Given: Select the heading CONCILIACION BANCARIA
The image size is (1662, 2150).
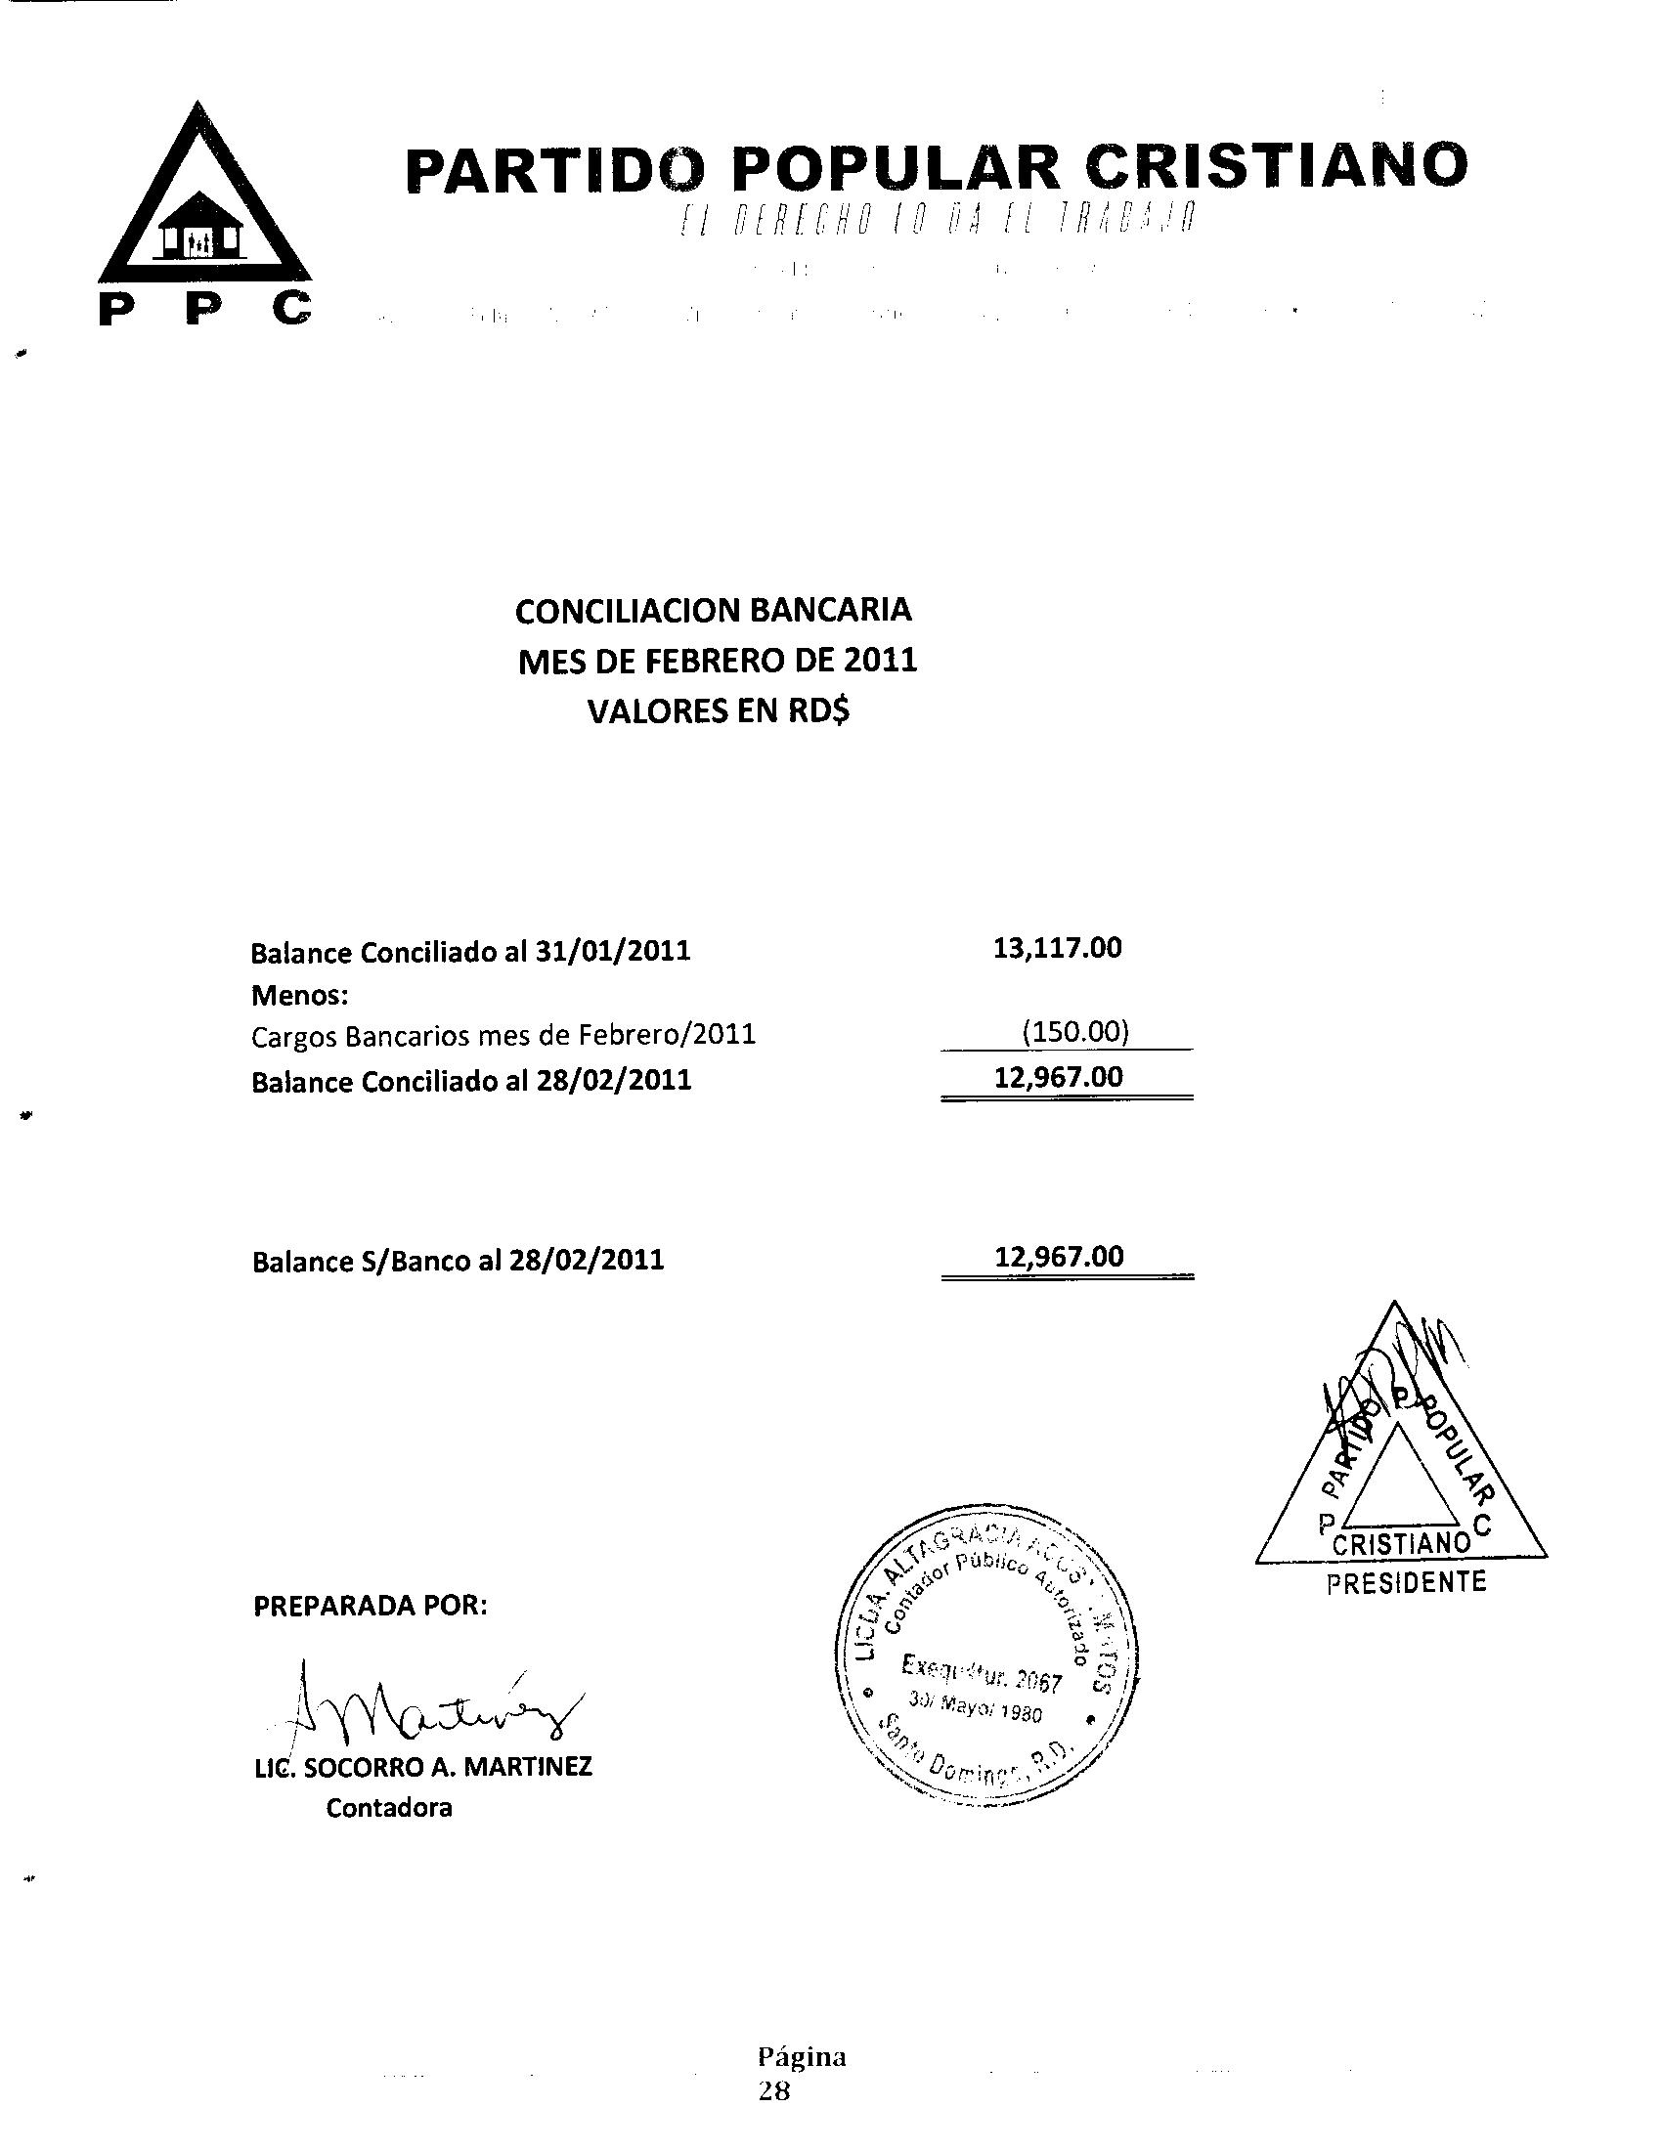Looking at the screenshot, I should coord(713,611).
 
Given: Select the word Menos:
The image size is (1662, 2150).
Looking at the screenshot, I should coord(299,995).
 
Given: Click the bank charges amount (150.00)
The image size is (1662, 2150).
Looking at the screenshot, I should coord(1074,1032).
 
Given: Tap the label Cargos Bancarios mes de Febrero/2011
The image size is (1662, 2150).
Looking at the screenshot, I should coord(503,1036).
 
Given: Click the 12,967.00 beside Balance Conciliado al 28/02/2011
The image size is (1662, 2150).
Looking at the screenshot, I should coord(1059,1076).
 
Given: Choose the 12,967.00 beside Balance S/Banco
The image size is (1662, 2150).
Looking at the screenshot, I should coord(1059,1256).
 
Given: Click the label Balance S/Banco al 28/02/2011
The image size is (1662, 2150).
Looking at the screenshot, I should coord(458,1260).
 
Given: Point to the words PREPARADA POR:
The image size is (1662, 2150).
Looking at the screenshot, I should coord(371,1605).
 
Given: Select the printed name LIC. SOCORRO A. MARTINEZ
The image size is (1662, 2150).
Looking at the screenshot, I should coord(423,1766).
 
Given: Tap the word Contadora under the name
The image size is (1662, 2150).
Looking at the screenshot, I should coord(389,1807).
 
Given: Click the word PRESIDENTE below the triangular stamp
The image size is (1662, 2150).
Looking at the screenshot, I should coord(1405,1583).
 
